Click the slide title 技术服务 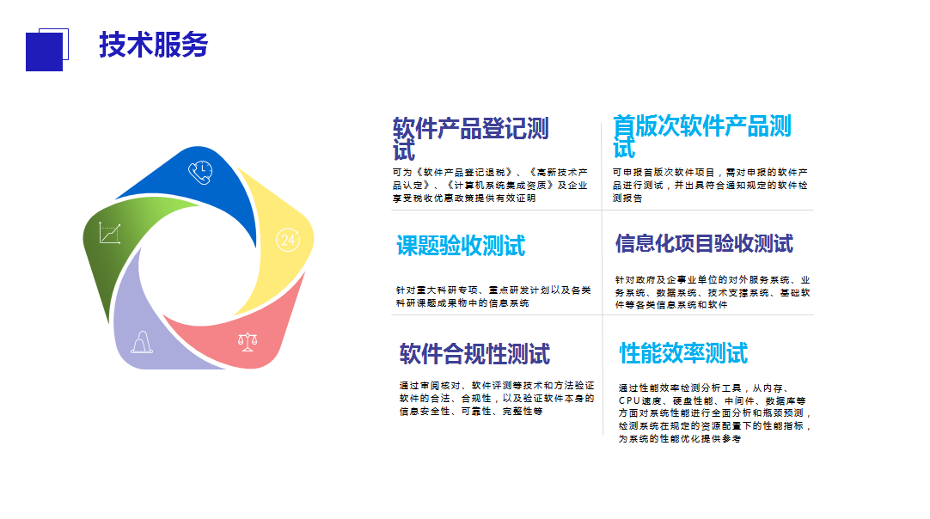point(154,45)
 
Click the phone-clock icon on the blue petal point(200,172)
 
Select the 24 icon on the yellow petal point(288,240)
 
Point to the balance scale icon point(248,341)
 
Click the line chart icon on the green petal point(110,233)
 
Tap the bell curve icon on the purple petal point(142,342)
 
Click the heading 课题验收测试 point(461,246)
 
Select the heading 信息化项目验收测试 point(704,243)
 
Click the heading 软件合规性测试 point(474,354)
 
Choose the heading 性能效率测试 point(683,353)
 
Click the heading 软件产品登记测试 point(471,139)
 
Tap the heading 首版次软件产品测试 point(702,137)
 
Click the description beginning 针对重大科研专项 point(493,296)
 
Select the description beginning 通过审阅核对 point(497,398)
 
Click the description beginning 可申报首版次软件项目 point(710,185)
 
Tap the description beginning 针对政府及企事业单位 point(713,292)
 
